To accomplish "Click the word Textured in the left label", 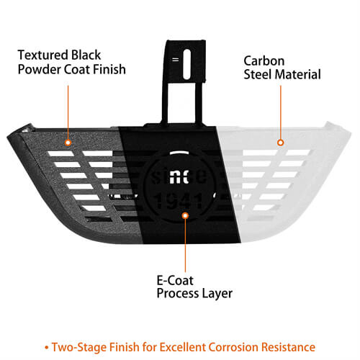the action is [43, 55].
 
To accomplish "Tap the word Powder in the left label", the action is [40, 69].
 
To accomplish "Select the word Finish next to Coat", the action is [109, 69].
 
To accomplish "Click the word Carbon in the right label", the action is [264, 61].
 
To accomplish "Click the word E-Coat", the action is [175, 280].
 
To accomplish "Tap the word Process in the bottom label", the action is [178, 294].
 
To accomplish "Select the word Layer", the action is [217, 294].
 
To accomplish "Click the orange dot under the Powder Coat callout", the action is [68, 143].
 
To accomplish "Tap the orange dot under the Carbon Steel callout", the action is [281, 143].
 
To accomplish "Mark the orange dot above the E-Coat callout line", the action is [185, 215].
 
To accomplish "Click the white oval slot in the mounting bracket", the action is [187, 64].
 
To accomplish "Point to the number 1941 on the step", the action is [179, 201].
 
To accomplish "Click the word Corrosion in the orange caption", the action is [233, 347].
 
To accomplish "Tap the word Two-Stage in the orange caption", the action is [80, 347].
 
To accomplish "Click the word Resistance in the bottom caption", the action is [288, 347].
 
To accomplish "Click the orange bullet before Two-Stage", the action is [47, 347].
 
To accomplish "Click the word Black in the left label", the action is [86, 55].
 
